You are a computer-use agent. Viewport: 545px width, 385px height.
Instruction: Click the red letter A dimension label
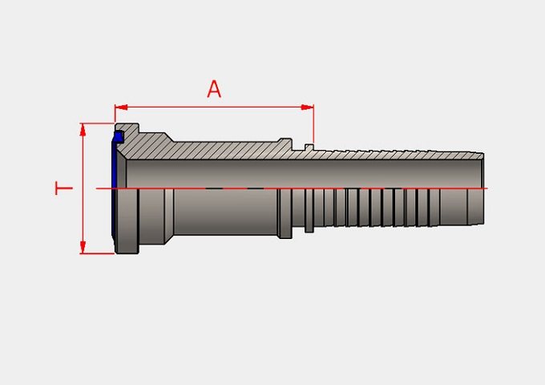pos(214,89)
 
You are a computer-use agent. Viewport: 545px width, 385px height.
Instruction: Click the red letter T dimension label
pos(64,188)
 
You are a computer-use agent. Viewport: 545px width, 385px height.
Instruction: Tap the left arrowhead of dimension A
pos(121,107)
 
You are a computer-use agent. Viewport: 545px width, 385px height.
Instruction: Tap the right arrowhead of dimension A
pos(307,107)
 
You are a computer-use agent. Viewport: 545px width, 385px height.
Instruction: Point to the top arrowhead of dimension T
pos(83,129)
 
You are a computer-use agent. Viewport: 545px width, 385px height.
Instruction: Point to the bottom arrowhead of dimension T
pos(83,247)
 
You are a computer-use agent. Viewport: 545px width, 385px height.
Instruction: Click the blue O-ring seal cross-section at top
pos(119,136)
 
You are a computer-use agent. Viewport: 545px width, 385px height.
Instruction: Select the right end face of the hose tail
pos(483,188)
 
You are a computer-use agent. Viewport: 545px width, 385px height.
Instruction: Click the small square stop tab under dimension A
pos(309,147)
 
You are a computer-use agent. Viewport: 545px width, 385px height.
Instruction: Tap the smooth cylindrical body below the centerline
pos(226,212)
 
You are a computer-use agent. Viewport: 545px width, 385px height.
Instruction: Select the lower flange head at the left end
pos(127,221)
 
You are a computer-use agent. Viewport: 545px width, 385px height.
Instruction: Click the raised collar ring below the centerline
pos(285,213)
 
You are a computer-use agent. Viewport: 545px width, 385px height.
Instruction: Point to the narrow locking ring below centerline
pos(309,210)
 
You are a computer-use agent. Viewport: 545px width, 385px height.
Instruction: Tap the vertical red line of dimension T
pos(83,188)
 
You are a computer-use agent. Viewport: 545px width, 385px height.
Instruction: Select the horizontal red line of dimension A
pos(214,107)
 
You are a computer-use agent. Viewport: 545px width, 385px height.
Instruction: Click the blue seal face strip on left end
pos(114,188)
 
